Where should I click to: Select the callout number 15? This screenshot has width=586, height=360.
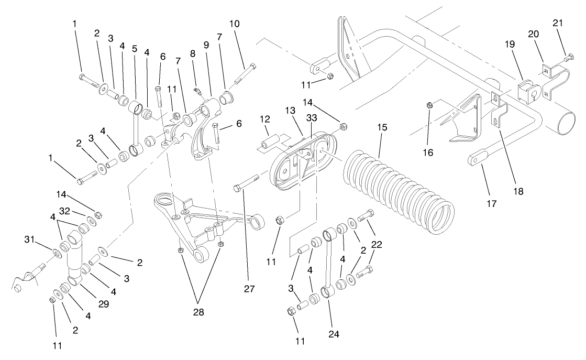(x=381, y=128)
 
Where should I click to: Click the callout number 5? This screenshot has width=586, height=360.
(x=135, y=49)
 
